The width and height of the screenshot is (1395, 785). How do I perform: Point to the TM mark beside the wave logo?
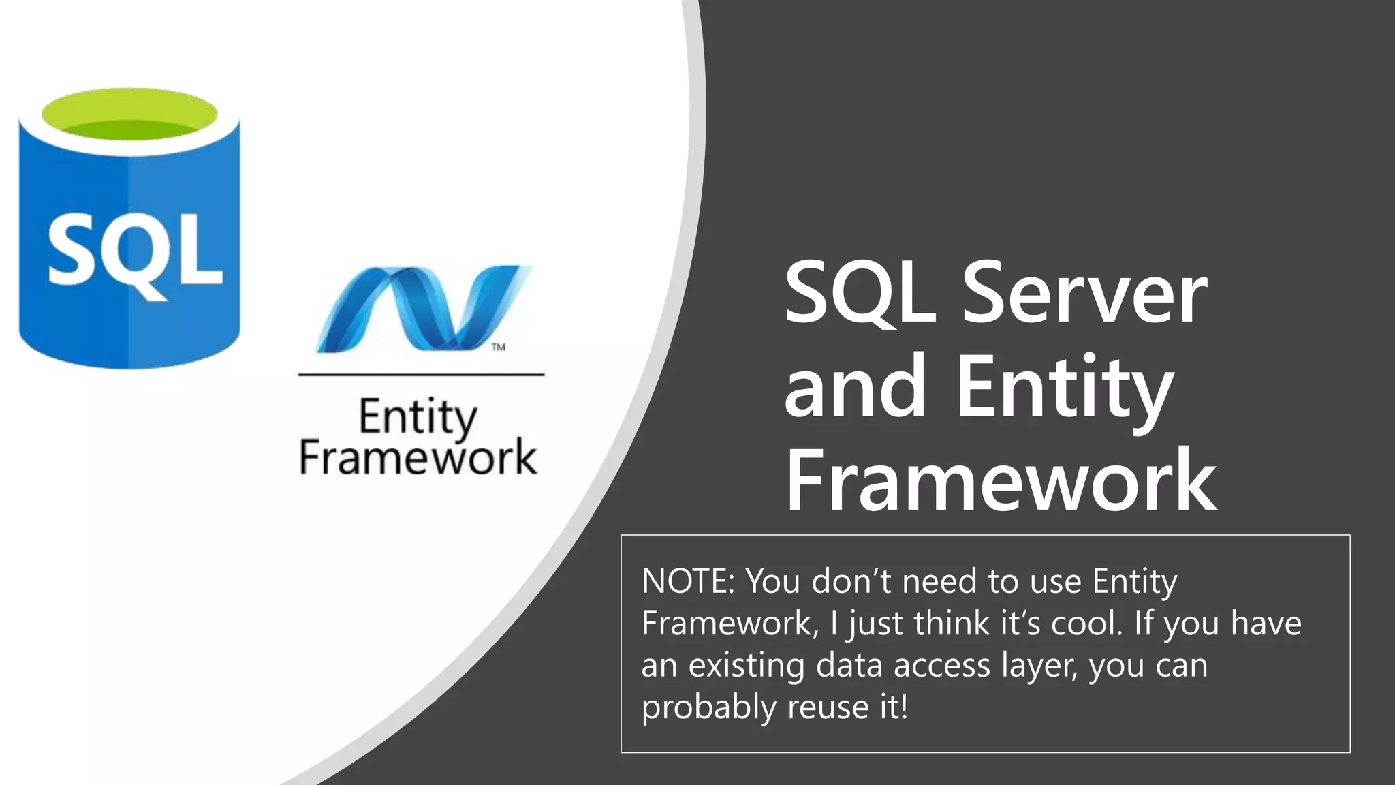click(499, 348)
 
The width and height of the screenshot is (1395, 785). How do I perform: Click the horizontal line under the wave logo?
click(421, 375)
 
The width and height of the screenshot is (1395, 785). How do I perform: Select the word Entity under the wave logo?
click(418, 417)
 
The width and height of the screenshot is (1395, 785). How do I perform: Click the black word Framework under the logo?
click(418, 457)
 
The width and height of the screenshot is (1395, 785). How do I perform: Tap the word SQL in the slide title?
click(860, 293)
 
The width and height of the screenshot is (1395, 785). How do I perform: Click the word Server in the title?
click(1084, 293)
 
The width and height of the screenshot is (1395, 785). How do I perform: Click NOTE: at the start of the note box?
click(688, 581)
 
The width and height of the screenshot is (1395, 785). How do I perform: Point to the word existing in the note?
click(747, 666)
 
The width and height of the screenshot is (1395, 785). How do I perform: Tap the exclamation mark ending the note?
click(904, 707)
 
